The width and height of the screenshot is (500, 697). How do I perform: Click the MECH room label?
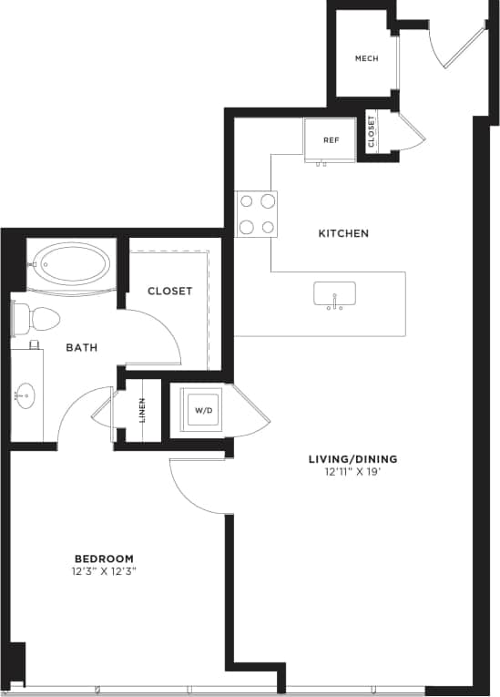point(366,59)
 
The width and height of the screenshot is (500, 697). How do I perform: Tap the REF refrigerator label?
point(332,140)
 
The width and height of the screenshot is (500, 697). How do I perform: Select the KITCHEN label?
point(343,233)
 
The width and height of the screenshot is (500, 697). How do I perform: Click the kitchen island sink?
point(334,294)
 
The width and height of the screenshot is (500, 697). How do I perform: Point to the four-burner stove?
point(256,214)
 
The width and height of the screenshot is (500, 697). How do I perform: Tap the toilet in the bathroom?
point(36,320)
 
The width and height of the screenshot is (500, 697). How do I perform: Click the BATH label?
point(82,347)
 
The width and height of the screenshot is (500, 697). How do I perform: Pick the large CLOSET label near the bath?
point(170,292)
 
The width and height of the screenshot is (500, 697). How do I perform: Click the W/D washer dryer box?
point(202,410)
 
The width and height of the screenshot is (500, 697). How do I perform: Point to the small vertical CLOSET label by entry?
point(372,132)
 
